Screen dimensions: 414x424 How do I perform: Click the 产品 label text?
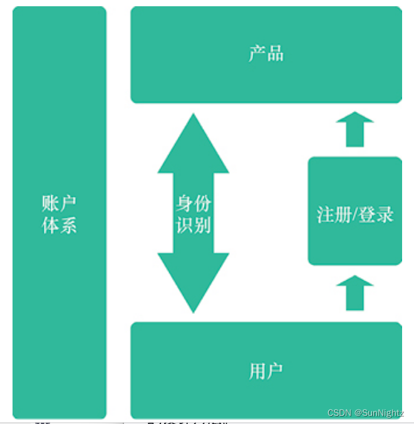(266, 54)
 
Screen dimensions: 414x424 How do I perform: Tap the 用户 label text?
(266, 371)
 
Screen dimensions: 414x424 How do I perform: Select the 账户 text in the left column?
(59, 204)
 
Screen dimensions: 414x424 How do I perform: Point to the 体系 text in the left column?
(59, 225)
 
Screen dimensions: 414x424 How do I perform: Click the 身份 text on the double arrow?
(194, 203)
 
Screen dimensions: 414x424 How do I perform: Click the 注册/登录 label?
(355, 215)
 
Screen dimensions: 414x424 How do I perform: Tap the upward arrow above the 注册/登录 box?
(355, 129)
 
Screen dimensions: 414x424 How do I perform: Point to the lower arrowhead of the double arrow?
(194, 281)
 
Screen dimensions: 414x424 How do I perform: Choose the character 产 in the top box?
(257, 54)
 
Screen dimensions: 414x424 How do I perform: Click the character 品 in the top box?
(275, 54)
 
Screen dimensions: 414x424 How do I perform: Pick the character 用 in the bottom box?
(257, 371)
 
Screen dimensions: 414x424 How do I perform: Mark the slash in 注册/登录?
(355, 215)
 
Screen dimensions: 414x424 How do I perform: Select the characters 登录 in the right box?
(376, 215)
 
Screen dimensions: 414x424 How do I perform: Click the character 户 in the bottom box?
(275, 371)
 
